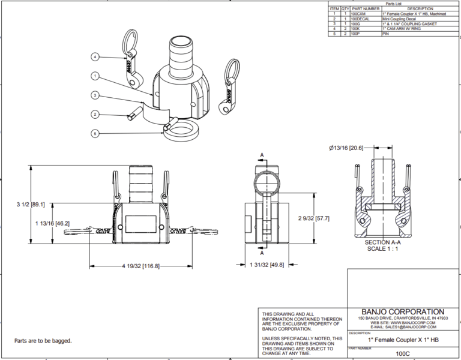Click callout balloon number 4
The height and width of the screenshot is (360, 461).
95,56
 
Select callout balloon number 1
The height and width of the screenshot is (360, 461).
95,76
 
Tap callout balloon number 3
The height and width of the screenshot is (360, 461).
95,95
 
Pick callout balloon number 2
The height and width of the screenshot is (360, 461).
95,114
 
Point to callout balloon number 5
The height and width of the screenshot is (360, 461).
95,133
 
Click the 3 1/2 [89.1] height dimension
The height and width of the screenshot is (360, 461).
28,205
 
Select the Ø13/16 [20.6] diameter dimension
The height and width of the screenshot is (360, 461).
346,148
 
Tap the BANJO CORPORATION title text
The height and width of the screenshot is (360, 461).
400,312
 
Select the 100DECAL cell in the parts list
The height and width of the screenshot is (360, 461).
362,19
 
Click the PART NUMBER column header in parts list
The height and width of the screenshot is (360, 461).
365,9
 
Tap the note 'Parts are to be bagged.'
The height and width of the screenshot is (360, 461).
43,341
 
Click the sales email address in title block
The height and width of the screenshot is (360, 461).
400,328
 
